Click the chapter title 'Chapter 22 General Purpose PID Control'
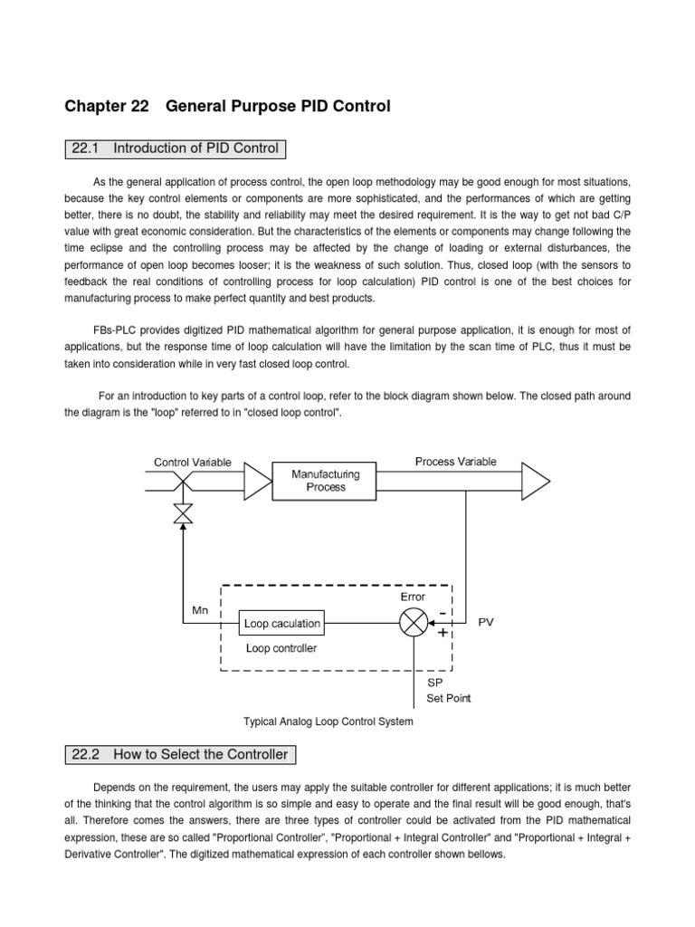(227, 106)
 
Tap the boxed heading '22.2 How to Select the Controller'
(180, 754)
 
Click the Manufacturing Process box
(325, 480)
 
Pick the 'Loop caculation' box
(281, 623)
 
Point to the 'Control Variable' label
(192, 463)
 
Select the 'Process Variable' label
(455, 462)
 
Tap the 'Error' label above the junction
(413, 597)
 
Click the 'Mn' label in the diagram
(200, 610)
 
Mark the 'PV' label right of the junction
(486, 623)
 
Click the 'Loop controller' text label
(281, 648)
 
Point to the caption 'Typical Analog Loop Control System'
(328, 722)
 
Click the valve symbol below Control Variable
(183, 513)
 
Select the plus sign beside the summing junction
(443, 633)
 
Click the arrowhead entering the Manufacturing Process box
(258, 481)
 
